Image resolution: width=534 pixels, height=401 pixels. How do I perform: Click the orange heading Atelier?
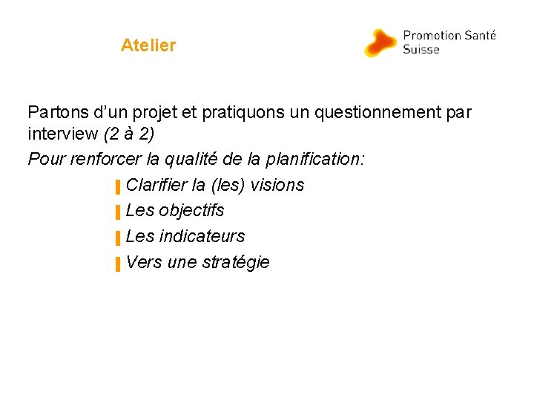[x=148, y=45]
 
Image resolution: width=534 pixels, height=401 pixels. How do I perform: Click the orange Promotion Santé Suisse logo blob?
[x=380, y=43]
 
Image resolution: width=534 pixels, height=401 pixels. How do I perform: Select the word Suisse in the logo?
[x=421, y=50]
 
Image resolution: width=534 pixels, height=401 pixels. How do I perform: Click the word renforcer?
[x=102, y=160]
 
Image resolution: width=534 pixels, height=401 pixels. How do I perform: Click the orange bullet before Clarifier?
[x=117, y=186]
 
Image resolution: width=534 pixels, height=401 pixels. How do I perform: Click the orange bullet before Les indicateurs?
[x=117, y=238]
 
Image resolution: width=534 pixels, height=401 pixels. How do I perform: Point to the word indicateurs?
[x=201, y=236]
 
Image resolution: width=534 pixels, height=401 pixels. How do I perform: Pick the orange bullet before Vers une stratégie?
[x=117, y=264]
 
